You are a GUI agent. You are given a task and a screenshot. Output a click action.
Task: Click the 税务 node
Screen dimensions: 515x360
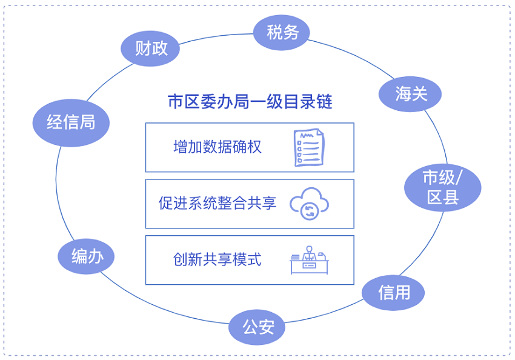(x=282, y=33)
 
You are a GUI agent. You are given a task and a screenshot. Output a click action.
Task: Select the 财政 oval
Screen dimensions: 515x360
(x=150, y=48)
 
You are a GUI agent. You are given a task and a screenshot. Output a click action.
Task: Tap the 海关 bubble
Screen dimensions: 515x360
(x=410, y=94)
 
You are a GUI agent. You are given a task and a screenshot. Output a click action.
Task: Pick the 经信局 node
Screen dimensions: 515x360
(x=71, y=123)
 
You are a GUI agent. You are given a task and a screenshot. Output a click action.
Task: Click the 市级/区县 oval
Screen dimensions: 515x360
(x=443, y=187)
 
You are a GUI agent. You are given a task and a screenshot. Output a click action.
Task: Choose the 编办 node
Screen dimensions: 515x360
(x=86, y=256)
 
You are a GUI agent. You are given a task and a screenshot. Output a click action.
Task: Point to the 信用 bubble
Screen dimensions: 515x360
(x=393, y=293)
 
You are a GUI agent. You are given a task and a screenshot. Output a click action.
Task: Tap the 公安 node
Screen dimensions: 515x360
(x=257, y=327)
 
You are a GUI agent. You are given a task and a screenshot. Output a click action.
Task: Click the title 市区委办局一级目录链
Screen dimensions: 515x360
(x=250, y=101)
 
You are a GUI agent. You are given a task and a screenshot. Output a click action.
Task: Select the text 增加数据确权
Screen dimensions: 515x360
(x=218, y=147)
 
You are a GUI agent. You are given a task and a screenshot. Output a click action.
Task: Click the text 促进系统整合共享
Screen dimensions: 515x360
(x=218, y=203)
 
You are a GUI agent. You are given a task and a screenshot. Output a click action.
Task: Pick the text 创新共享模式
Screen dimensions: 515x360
(x=218, y=259)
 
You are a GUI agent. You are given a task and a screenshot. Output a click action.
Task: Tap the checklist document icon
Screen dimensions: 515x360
(x=309, y=147)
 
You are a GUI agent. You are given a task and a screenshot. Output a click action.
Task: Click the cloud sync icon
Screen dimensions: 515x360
(x=309, y=204)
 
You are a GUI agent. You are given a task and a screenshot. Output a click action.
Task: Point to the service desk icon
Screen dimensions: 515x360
(x=309, y=260)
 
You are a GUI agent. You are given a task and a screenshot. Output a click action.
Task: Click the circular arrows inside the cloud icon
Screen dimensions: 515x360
(x=310, y=211)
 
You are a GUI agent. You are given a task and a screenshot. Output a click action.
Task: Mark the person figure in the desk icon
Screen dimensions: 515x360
(x=309, y=253)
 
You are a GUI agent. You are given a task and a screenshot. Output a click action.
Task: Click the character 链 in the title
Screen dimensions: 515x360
(x=325, y=101)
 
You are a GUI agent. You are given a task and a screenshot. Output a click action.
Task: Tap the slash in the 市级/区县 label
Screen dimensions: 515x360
(x=459, y=178)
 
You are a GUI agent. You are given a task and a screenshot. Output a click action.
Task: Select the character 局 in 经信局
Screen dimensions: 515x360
(x=87, y=122)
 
